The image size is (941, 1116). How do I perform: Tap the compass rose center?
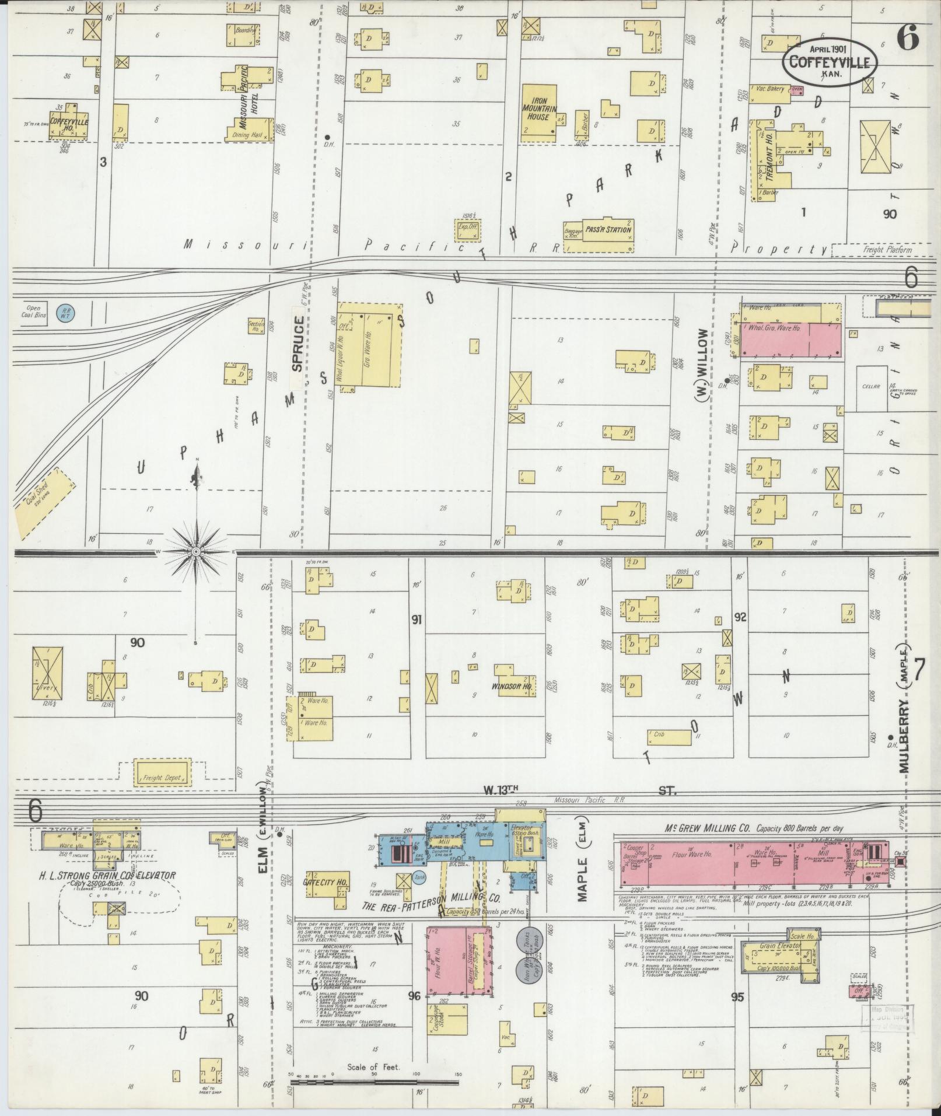[197, 551]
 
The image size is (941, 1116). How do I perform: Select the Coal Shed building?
[46, 503]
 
